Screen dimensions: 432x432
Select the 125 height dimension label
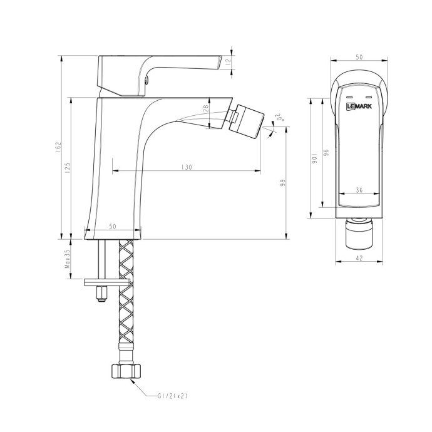68,167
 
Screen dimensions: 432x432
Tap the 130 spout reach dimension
187,168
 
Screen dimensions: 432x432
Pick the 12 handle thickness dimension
229,61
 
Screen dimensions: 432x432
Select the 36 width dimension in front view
359,190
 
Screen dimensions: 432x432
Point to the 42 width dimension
359,257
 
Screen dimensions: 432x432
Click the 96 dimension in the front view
326,153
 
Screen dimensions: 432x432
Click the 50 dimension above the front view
359,57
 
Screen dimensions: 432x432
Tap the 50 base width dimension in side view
113,226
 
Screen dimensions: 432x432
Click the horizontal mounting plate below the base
106,282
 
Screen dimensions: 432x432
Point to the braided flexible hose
125,301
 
